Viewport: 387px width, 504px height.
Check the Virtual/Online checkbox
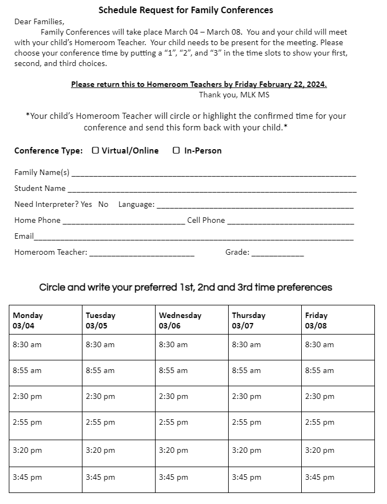(96, 150)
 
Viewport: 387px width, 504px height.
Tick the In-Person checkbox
(176, 150)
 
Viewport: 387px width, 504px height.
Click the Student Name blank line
(211, 189)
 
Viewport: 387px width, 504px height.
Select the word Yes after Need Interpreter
(86, 204)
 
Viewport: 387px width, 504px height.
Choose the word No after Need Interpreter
(103, 204)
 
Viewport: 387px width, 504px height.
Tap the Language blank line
(255, 205)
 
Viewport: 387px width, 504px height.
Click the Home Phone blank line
(124, 221)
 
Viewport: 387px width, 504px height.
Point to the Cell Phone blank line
(290, 221)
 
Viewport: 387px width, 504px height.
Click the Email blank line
(193, 237)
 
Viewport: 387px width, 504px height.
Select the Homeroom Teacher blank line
(141, 253)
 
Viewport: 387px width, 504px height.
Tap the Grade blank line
(278, 253)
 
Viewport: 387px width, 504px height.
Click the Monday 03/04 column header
(45, 320)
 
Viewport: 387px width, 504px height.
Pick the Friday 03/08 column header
(338, 320)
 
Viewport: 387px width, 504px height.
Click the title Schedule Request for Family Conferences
(186, 10)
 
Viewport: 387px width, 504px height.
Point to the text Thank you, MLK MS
(234, 95)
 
